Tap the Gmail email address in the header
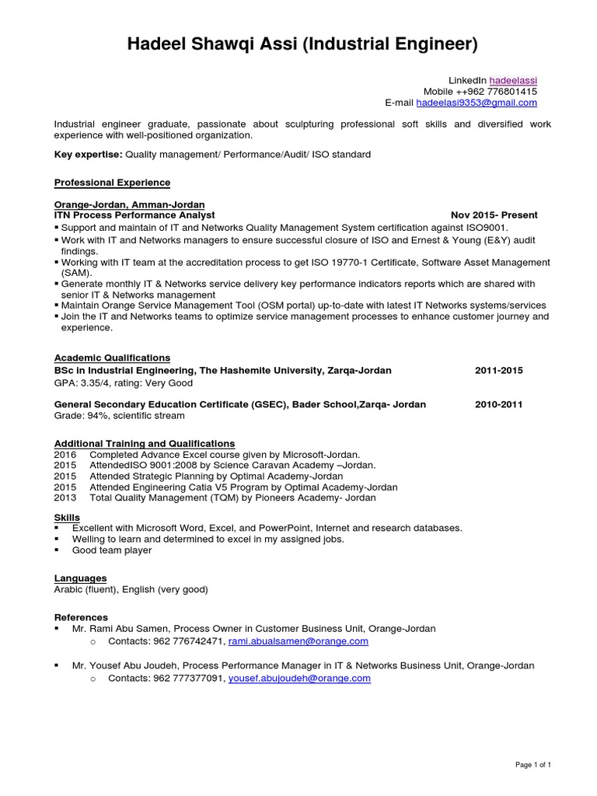click(477, 103)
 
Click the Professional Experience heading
click(112, 183)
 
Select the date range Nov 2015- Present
click(494, 215)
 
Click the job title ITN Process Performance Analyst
click(134, 215)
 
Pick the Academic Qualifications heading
click(112, 358)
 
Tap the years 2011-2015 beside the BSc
click(498, 371)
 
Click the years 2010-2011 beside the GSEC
click(498, 404)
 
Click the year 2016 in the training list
click(65, 454)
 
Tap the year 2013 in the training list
click(65, 497)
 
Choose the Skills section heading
click(67, 517)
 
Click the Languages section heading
click(80, 578)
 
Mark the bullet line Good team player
click(112, 550)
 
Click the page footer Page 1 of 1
click(533, 766)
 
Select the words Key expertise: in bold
click(88, 155)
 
